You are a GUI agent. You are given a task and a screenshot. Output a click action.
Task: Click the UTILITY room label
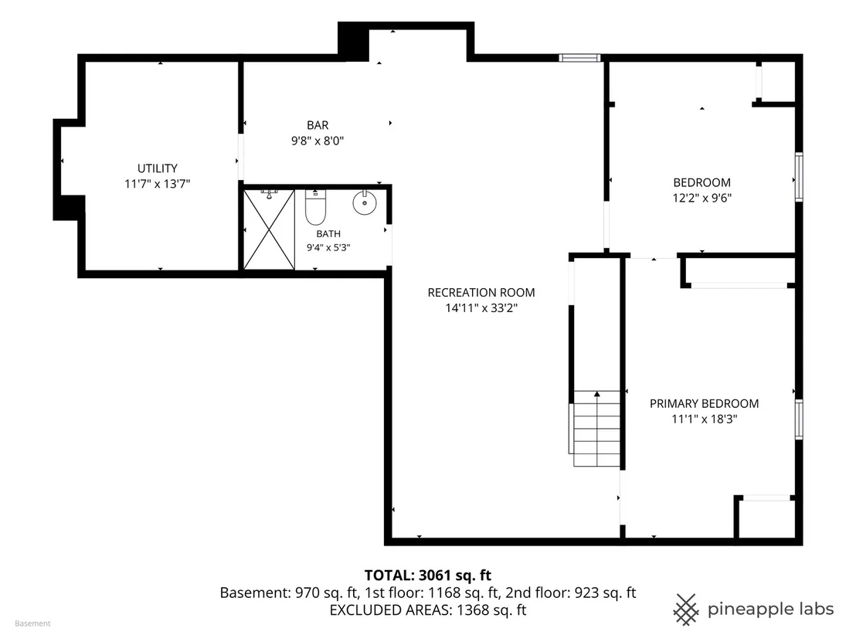(158, 168)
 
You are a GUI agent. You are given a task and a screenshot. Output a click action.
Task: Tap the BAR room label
(318, 125)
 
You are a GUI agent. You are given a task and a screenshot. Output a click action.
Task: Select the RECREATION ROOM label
(481, 293)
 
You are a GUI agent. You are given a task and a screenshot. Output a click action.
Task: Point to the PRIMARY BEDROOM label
(705, 403)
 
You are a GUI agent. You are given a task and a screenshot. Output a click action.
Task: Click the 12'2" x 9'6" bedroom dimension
(702, 199)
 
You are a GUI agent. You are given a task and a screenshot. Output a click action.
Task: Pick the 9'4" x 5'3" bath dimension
(328, 247)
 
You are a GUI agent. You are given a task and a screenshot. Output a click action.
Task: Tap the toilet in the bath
(315, 207)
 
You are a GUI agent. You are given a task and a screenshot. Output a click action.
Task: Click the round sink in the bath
(364, 202)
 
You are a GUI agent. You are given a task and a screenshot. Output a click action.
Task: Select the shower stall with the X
(269, 229)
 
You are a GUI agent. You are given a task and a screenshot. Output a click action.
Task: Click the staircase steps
(596, 429)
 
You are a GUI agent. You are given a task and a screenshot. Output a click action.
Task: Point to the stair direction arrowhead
(597, 393)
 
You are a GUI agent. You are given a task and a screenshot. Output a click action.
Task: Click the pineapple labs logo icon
(686, 609)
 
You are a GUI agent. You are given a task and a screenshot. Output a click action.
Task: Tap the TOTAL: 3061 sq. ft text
(428, 576)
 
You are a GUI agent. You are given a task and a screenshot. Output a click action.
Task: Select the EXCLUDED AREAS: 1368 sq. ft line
(428, 610)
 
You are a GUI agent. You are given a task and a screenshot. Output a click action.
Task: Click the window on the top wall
(579, 58)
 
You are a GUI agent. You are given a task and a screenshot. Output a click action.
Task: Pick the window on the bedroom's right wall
(799, 177)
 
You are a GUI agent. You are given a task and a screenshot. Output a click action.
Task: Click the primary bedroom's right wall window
(799, 420)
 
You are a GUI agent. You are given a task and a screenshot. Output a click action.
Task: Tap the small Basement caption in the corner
(32, 623)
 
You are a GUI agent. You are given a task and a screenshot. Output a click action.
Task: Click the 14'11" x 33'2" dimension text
(481, 308)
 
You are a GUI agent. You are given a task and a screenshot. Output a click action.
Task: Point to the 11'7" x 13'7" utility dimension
(158, 184)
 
